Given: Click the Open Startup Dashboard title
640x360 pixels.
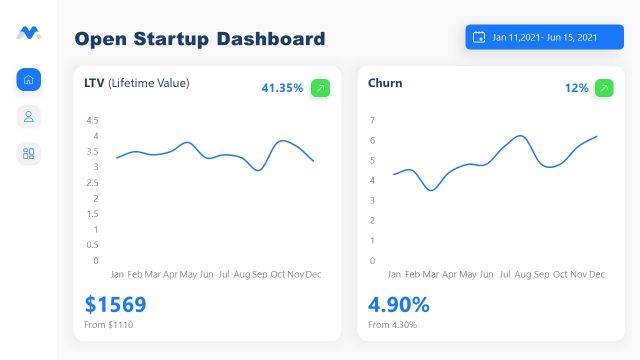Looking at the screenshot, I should [x=200, y=39].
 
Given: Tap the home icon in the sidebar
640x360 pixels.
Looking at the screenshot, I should [x=29, y=80].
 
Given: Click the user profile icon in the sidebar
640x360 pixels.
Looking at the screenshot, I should [x=29, y=117].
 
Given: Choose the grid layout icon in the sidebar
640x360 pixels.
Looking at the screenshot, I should [x=29, y=153].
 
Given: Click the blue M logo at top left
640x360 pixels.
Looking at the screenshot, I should [x=28, y=33].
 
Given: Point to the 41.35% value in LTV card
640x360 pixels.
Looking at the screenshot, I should [x=282, y=88].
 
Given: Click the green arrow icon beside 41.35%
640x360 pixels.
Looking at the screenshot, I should [x=320, y=88].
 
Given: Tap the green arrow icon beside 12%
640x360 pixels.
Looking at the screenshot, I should [x=604, y=88].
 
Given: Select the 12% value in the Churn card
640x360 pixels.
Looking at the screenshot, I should [x=576, y=88].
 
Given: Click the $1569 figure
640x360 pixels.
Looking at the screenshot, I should [x=115, y=304].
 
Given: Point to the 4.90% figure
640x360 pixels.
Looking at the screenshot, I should [x=398, y=304].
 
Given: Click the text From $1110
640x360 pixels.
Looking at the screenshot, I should [x=109, y=325].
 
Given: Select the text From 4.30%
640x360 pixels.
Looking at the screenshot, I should [x=392, y=325].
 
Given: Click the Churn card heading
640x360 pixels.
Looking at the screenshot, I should [x=385, y=83].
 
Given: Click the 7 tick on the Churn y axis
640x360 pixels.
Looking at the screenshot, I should [x=372, y=120].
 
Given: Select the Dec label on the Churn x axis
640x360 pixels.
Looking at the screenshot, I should [x=596, y=274].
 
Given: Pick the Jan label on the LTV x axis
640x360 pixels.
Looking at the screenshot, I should [x=117, y=274].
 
